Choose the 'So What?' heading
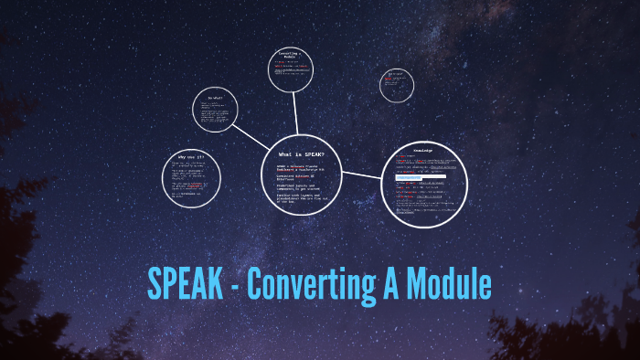point(216,98)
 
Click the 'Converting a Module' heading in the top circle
point(293,57)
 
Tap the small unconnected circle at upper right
point(397,85)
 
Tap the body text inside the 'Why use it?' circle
point(192,183)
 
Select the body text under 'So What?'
point(215,113)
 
